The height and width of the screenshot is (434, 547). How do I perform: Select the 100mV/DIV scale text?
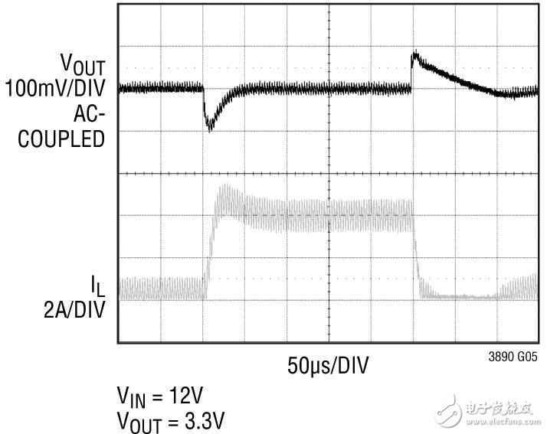tap(55, 89)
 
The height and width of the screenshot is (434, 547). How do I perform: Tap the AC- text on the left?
tap(89, 114)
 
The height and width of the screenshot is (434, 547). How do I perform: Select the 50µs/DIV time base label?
tap(328, 366)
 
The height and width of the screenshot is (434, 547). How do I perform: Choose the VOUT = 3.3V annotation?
tap(171, 420)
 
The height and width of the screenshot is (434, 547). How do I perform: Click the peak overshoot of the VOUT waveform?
tap(414, 55)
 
